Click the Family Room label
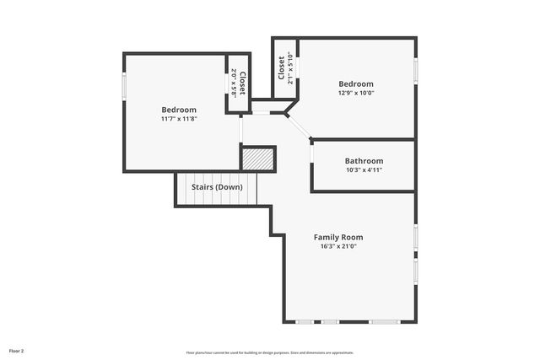tap(338, 237)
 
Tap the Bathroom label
tap(364, 161)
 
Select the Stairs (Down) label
tap(217, 186)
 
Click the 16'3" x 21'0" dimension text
tap(338, 247)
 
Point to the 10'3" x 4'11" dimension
tap(364, 170)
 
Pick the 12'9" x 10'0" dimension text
tap(355, 94)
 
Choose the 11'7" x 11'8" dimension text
tap(179, 120)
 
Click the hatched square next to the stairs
tap(258, 159)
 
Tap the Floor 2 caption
tap(17, 350)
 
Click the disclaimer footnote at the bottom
tap(270, 352)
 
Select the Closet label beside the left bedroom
tap(242, 83)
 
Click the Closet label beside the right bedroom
tap(281, 67)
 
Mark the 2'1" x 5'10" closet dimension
tap(290, 68)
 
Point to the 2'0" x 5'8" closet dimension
tap(234, 83)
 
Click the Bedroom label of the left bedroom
tap(179, 110)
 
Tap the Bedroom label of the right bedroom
tap(355, 83)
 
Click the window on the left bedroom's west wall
tap(125, 86)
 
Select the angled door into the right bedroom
tap(300, 126)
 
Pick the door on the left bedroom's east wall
tap(240, 129)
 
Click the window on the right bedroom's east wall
tap(415, 71)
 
